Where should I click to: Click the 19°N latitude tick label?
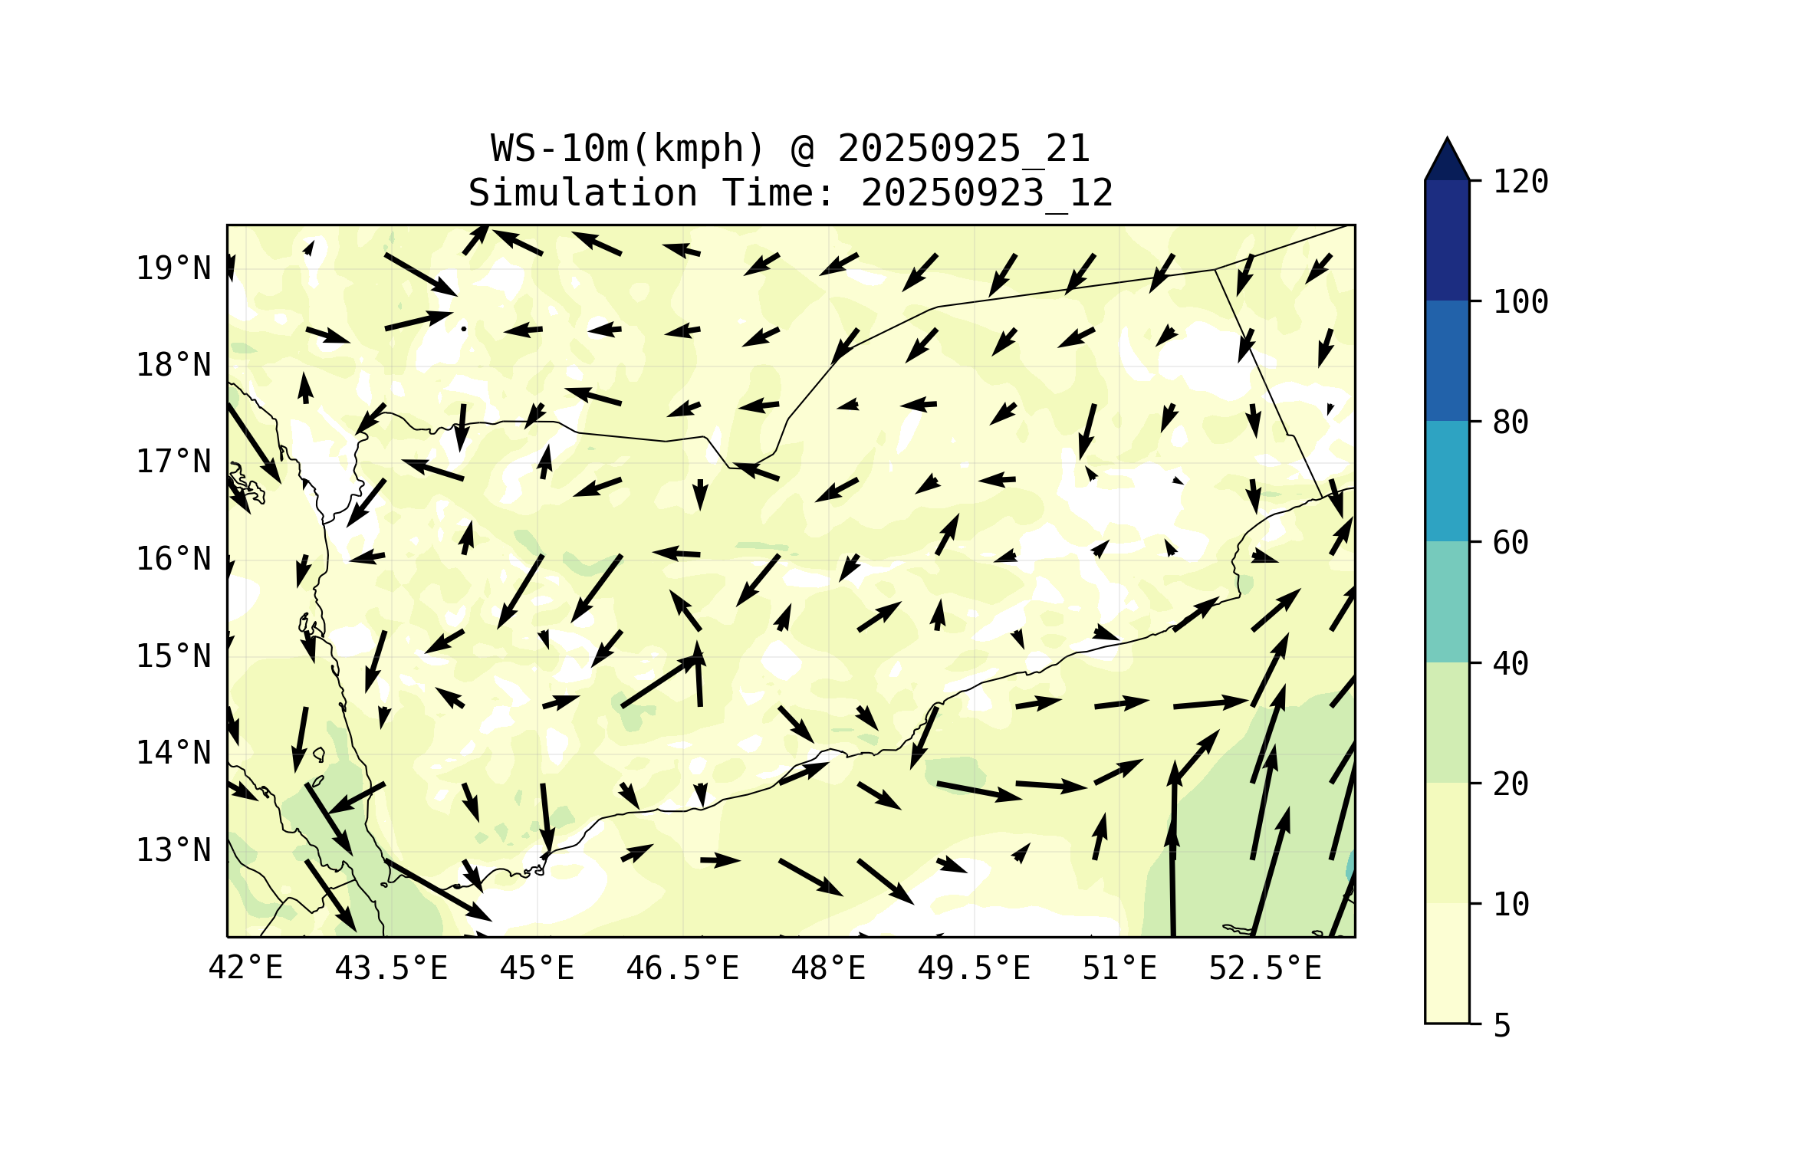173,268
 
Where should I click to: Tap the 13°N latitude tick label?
173,850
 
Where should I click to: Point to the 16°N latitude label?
173,559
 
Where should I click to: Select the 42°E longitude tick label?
245,968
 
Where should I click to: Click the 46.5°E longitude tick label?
682,968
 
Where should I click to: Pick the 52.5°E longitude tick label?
1265,968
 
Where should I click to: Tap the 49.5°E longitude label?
974,968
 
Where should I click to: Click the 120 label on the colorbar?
1520,182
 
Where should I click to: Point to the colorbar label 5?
1502,1026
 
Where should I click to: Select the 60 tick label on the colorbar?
1511,543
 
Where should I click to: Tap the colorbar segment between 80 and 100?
1447,360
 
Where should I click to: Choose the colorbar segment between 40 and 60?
1447,602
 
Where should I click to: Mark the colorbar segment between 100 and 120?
1447,240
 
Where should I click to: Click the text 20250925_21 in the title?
963,149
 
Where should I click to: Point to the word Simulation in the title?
583,193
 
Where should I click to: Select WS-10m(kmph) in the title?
628,149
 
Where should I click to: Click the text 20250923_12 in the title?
987,193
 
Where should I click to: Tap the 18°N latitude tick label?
173,365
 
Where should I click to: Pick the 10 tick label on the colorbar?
1511,905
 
